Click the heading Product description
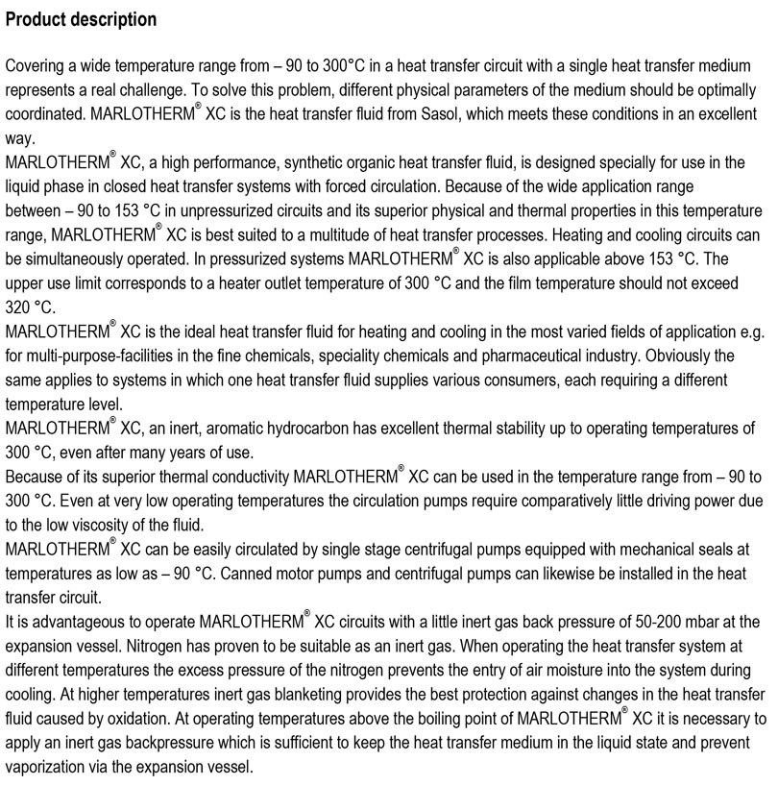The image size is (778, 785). tap(81, 19)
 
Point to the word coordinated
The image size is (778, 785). tap(43, 113)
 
